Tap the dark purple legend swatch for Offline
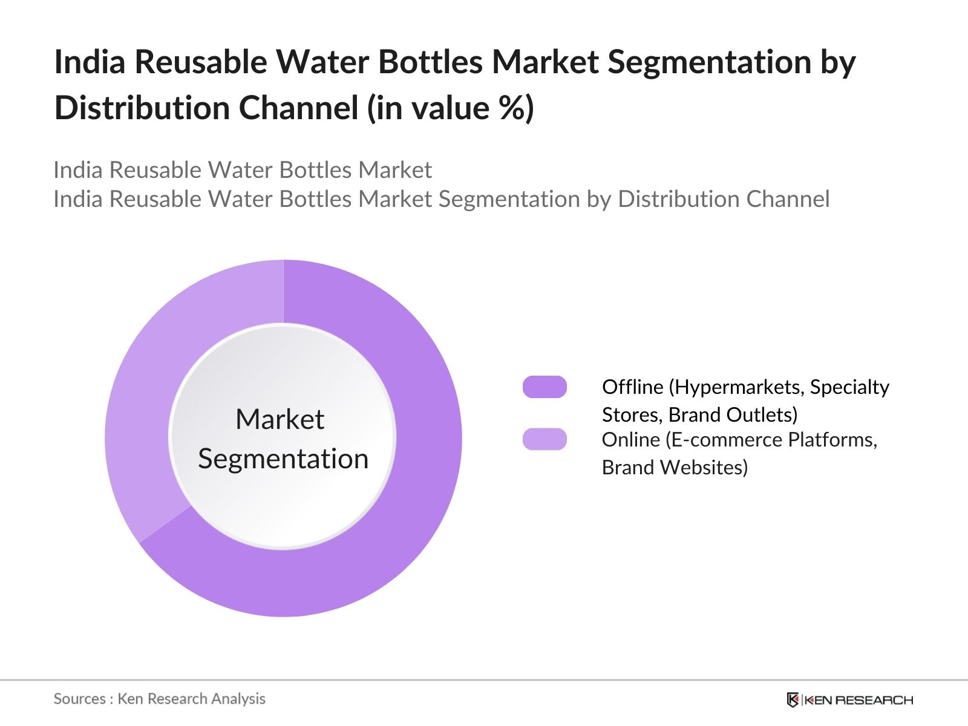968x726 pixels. (x=544, y=387)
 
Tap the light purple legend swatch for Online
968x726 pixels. (x=544, y=439)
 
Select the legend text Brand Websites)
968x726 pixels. (x=675, y=467)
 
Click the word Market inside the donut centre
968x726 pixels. (x=280, y=419)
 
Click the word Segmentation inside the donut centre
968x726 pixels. (x=283, y=459)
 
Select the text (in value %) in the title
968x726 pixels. (x=450, y=108)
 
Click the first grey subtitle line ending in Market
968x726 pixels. (x=242, y=170)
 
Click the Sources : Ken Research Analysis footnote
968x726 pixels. (x=159, y=699)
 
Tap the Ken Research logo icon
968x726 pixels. (x=793, y=700)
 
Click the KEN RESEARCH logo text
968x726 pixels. (x=858, y=700)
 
